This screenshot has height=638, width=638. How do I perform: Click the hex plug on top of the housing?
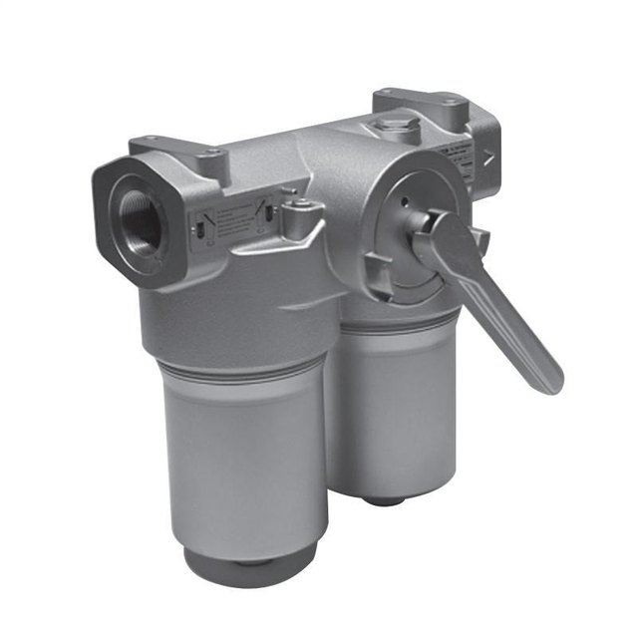coord(391,127)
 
